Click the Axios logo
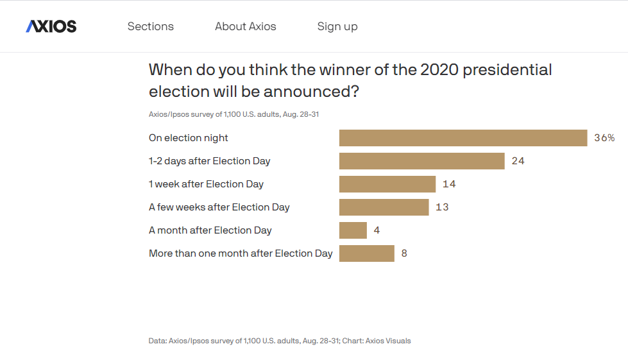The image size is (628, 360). tap(51, 26)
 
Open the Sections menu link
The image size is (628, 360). tap(151, 26)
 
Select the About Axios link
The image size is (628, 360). tap(246, 26)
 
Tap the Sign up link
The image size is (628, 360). tap(337, 27)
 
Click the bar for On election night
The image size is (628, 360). tap(463, 138)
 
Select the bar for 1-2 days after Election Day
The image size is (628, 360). tap(421, 161)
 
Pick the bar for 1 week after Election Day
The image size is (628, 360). tap(387, 184)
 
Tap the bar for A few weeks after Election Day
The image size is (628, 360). tap(384, 207)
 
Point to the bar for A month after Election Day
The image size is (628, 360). tap(353, 230)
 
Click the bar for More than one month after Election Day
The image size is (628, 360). tap(367, 253)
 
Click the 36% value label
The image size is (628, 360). tap(604, 138)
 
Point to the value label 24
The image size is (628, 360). tap(518, 161)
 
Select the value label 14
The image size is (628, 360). tap(449, 184)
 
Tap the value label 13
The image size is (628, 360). tap(442, 207)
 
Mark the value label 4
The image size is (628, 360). tap(377, 230)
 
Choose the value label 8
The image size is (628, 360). tap(404, 253)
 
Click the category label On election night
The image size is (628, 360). tap(188, 138)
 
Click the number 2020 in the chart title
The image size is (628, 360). tap(439, 70)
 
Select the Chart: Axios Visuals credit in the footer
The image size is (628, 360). tap(377, 341)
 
